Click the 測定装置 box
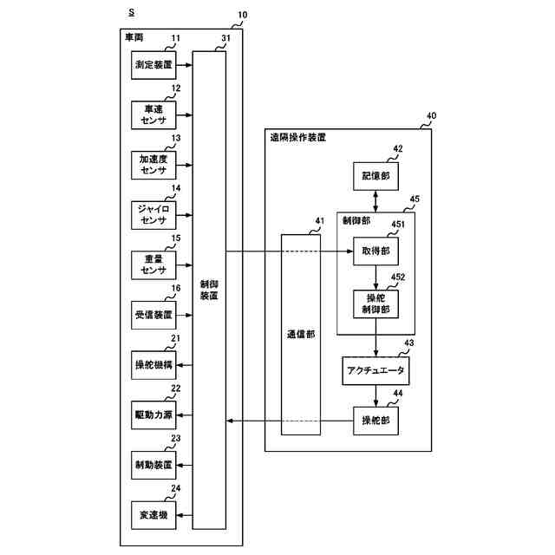coord(153,65)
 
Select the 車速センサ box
coord(153,114)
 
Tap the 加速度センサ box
coord(153,164)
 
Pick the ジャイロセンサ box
coord(153,213)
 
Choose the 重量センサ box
coord(153,264)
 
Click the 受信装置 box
coord(153,315)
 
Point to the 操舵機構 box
coord(153,364)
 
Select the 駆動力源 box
coord(153,415)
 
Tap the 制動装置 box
coord(153,465)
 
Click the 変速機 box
coord(153,515)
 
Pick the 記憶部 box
coord(375,176)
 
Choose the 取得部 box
coord(375,251)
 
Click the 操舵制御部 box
coord(375,303)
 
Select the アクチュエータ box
coord(375,371)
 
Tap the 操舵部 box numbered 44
coord(375,421)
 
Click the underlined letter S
coord(131,12)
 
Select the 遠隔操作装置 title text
coord(297,138)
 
